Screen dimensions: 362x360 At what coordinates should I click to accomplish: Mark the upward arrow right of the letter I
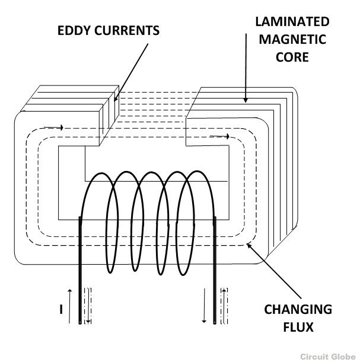point(69,304)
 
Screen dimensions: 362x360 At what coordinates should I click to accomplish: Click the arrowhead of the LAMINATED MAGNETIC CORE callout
point(245,102)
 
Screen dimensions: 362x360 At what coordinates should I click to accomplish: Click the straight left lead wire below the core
point(79,273)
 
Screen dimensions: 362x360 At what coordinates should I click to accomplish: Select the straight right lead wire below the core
point(215,273)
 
